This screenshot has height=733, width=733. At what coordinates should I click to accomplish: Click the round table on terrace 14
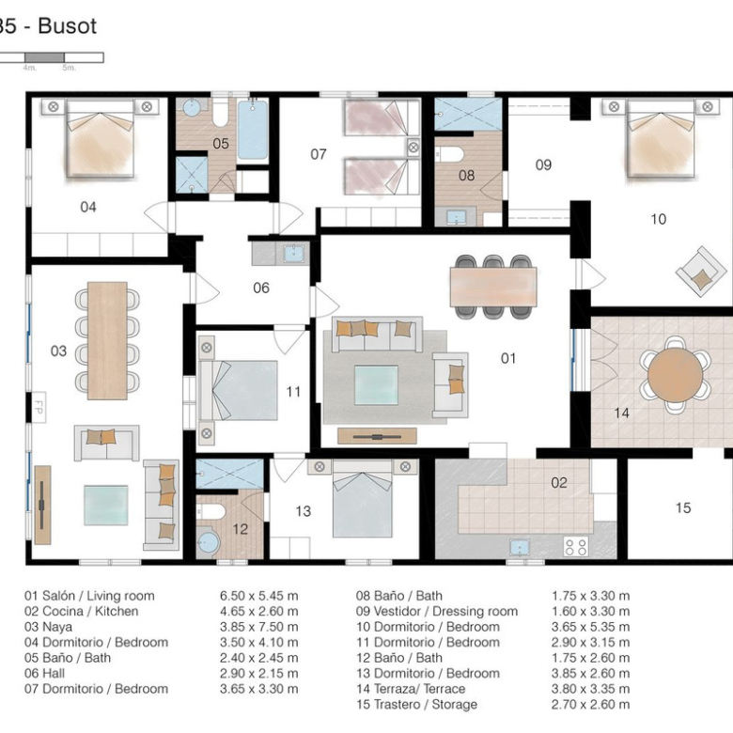tap(675, 374)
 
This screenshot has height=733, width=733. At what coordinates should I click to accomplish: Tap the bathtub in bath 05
tap(253, 130)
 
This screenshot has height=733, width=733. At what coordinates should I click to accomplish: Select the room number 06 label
tap(261, 288)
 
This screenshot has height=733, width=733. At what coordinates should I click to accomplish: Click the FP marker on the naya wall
tap(39, 407)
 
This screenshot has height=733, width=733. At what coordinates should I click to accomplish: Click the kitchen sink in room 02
tap(520, 548)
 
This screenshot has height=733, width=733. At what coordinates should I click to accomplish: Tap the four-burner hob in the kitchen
tap(576, 547)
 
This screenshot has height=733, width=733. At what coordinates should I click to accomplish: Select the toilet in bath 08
tap(449, 154)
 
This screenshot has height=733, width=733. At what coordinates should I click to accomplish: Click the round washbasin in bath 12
tap(208, 543)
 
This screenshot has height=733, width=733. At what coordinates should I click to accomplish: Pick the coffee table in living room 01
tap(376, 385)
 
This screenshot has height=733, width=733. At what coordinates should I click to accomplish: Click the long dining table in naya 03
tap(107, 340)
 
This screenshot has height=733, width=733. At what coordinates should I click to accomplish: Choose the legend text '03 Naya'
tap(48, 627)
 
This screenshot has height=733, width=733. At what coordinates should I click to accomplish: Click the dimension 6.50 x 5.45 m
tap(259, 596)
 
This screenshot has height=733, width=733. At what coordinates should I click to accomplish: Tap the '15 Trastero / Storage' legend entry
tap(416, 705)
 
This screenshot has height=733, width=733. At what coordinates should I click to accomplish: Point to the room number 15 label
tap(683, 507)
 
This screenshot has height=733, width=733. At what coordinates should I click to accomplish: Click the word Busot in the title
tap(68, 26)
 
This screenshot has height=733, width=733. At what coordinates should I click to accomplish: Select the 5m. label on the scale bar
tap(69, 68)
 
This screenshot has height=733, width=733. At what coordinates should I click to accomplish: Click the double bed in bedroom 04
tap(101, 138)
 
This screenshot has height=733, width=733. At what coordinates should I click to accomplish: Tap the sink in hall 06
tap(293, 253)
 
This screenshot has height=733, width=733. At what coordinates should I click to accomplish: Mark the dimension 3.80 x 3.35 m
tap(590, 689)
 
